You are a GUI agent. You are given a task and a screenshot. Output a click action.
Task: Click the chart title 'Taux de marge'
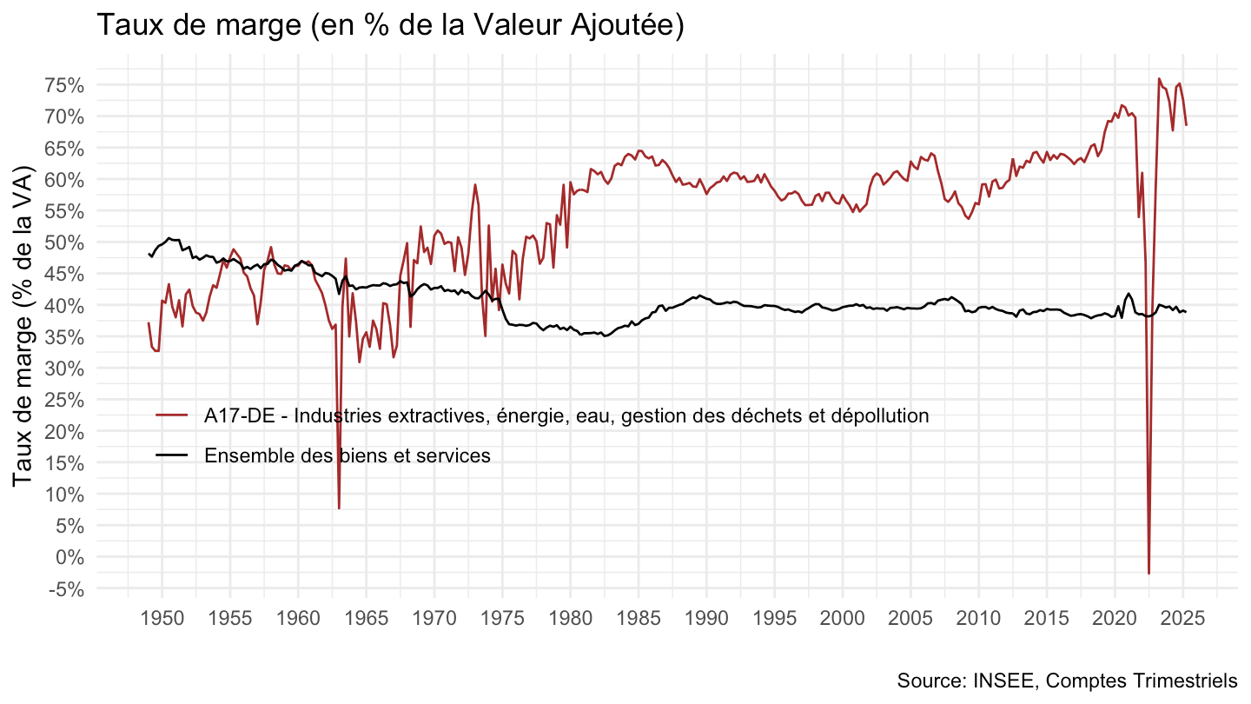click(390, 25)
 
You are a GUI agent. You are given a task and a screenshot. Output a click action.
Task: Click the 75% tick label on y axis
click(66, 85)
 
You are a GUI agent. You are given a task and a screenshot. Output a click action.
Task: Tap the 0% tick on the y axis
click(71, 557)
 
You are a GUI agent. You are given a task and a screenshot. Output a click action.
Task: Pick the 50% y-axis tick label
click(66, 242)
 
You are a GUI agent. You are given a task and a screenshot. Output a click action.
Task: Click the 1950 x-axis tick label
click(162, 619)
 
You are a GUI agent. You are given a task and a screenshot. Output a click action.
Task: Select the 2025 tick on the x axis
click(1182, 619)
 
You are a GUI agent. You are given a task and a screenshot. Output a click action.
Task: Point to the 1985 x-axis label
click(639, 619)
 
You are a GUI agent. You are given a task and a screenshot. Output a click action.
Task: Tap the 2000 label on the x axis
click(843, 619)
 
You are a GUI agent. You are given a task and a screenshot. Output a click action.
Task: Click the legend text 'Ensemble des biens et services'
click(347, 455)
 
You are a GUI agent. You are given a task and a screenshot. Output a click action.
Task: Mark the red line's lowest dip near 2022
click(1148, 573)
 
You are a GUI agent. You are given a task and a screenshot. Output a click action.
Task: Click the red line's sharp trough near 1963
click(339, 508)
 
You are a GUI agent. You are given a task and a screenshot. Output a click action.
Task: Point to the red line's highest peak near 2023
click(1159, 79)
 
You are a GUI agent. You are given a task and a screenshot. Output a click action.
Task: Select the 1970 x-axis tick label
click(434, 619)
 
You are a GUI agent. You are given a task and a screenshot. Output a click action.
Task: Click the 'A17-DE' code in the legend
click(232, 415)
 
